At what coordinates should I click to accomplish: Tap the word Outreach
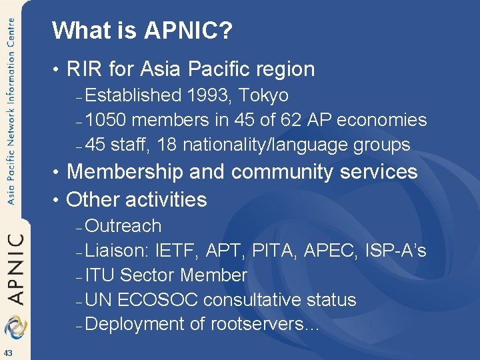(123, 226)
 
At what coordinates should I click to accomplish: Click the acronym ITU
(100, 275)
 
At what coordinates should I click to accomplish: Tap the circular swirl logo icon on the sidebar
(13, 326)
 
